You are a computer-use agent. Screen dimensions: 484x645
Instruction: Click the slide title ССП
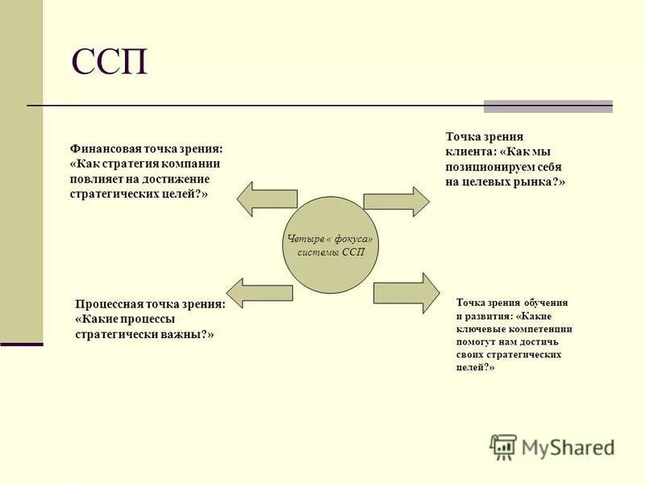pyautogui.click(x=110, y=62)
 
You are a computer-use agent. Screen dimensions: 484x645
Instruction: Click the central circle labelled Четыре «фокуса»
pyautogui.click(x=331, y=243)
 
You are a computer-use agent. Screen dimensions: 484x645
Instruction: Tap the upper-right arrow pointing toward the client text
pyautogui.click(x=397, y=202)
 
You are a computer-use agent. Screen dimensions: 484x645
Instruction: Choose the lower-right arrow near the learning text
pyautogui.click(x=406, y=288)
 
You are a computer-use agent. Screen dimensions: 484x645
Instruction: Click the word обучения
pyautogui.click(x=544, y=302)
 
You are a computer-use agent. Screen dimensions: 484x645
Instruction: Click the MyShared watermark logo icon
pyautogui.click(x=504, y=447)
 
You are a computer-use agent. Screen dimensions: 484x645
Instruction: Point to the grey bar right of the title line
pyautogui.click(x=548, y=106)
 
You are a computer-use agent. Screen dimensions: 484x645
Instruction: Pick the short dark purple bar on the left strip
pyautogui.click(x=21, y=344)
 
